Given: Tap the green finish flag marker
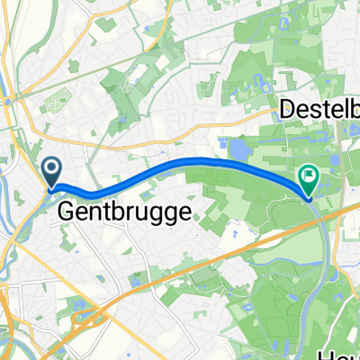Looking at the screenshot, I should pos(308,179).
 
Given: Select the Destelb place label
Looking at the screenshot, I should pos(320,110).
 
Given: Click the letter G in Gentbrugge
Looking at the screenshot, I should pos(67,212).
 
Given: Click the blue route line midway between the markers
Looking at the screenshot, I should pos(180,163).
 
